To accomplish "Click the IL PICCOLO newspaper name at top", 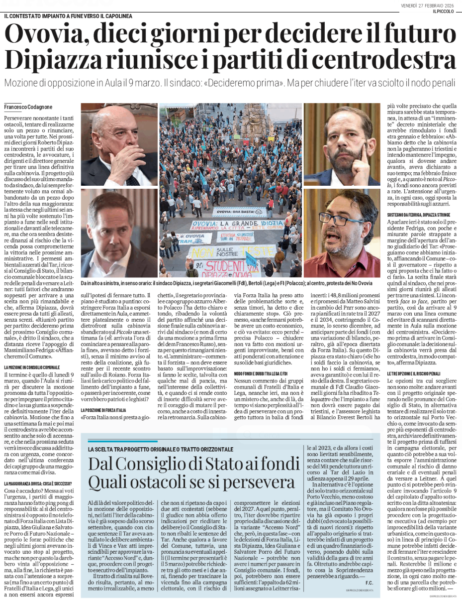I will point(444,11).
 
